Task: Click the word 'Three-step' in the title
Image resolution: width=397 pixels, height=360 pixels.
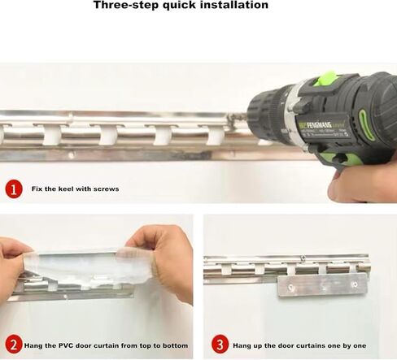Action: click(123, 6)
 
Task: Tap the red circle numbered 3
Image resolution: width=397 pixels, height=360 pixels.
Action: click(219, 345)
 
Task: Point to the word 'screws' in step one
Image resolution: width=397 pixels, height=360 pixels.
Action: click(105, 189)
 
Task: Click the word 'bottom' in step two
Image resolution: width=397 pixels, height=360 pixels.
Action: click(175, 345)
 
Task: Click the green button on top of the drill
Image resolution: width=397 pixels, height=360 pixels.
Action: click(325, 79)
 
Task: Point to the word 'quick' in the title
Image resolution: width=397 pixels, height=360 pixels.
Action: click(177, 6)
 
